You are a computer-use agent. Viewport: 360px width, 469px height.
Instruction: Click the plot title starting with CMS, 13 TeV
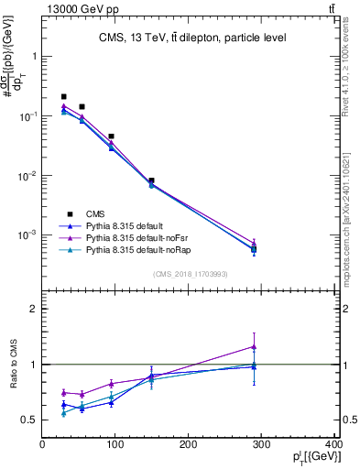tap(192, 38)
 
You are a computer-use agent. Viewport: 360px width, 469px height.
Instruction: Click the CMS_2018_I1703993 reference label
tap(190, 274)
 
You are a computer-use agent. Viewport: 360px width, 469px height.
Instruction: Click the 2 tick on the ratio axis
tap(34, 309)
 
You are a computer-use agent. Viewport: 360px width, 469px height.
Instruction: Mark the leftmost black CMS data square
tap(64, 96)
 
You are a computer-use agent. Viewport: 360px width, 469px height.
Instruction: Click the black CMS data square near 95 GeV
tap(112, 136)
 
